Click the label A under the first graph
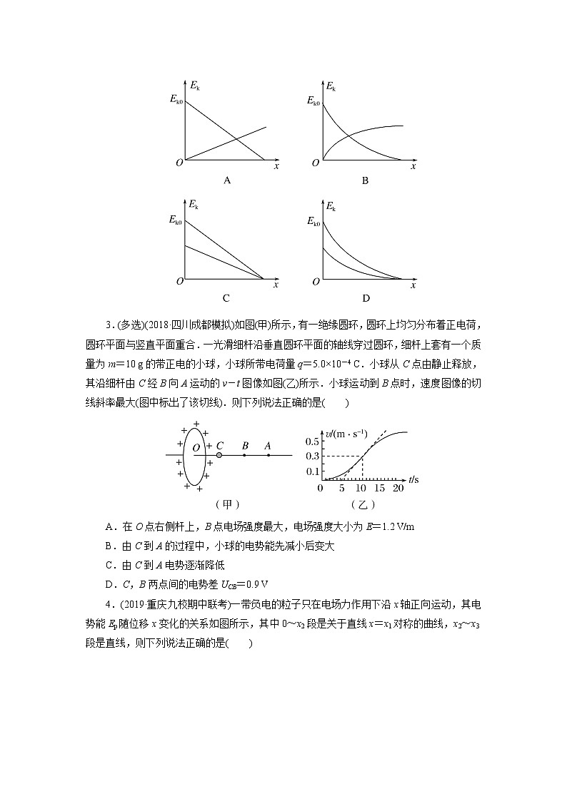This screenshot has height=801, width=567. pos(227,181)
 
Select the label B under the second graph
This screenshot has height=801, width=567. pos(364,181)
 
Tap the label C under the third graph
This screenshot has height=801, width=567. pos(226,298)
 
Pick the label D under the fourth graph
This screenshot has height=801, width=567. pos(365,298)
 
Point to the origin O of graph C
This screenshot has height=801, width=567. pos(180,282)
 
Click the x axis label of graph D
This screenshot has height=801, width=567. pos(413,285)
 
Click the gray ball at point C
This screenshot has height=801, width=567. pos(219,454)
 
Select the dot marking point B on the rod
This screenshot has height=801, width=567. pos(244,454)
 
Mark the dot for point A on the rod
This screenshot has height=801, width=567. pos(268,454)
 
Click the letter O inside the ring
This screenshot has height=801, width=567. pos(196,447)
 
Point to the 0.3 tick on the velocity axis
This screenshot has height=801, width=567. pos(313,456)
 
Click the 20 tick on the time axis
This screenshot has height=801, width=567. pos(398,489)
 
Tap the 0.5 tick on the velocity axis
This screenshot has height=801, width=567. pos(313,441)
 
